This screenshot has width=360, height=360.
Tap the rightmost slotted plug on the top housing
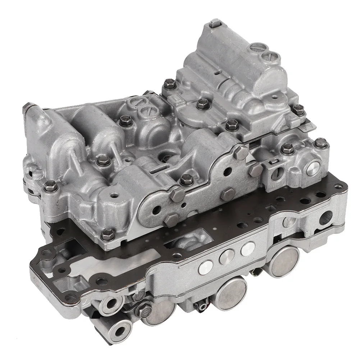coord(269,56)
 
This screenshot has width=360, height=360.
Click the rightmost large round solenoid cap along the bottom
coord(285,261)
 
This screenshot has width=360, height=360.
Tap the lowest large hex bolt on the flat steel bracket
coord(172,218)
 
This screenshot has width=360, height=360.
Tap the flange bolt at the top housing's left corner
coord(168,86)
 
